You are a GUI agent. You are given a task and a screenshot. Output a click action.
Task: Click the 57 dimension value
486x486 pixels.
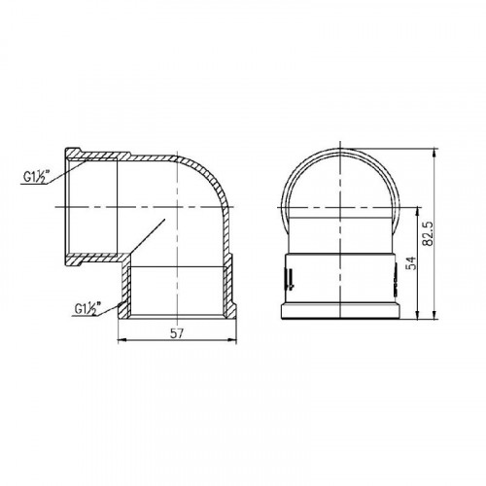177,333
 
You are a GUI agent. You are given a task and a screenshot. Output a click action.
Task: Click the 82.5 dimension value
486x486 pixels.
429,233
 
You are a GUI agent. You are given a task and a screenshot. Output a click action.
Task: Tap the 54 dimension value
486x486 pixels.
410,263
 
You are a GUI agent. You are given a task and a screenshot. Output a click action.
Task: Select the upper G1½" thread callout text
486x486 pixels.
36,177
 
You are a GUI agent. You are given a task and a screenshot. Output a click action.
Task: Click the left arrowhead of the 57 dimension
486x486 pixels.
121,340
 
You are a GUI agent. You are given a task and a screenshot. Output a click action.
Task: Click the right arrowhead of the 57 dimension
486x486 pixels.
232,340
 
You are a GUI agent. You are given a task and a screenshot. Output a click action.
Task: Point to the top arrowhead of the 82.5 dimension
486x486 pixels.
434,153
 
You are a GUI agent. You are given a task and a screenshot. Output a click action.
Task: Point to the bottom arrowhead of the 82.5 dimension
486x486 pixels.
434,316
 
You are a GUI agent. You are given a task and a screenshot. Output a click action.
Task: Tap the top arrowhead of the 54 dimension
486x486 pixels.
417,211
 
